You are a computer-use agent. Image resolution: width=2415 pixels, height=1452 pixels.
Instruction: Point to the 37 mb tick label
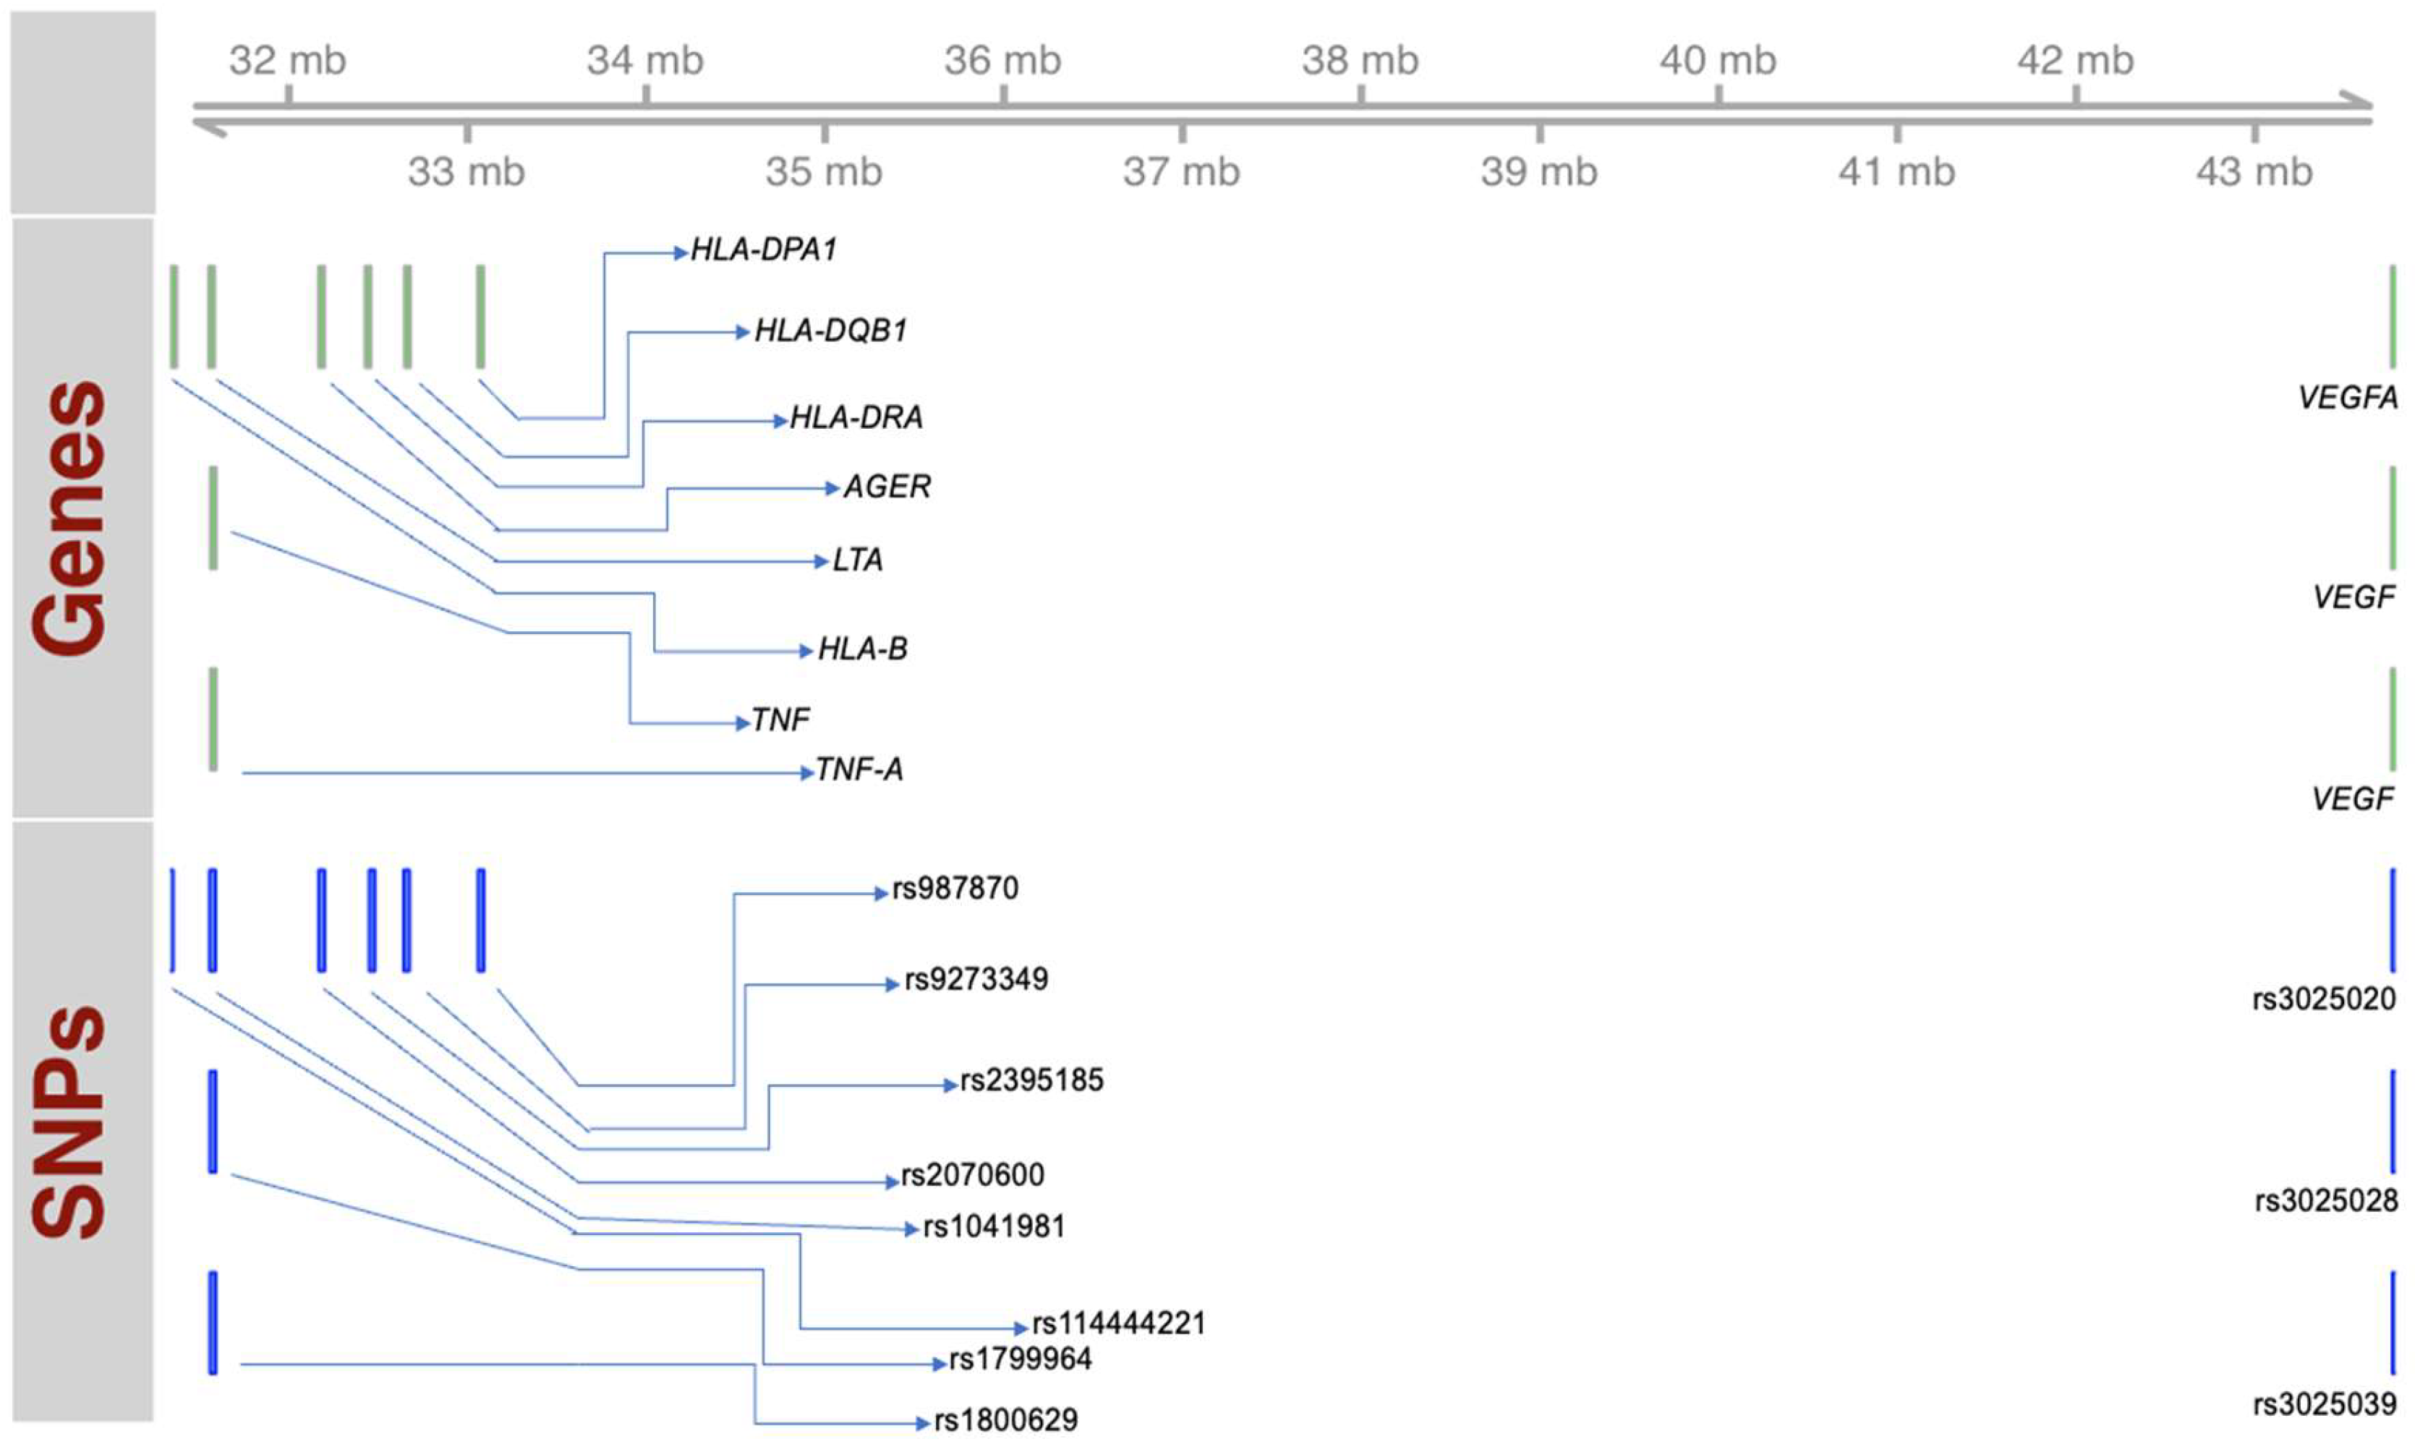point(1181,172)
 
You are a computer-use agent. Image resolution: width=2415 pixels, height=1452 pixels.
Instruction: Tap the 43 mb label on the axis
point(2254,172)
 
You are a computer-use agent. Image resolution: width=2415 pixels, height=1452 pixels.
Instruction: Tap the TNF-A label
point(859,770)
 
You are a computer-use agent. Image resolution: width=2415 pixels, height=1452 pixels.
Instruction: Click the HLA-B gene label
point(863,649)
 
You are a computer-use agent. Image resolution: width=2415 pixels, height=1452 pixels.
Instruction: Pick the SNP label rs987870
point(955,889)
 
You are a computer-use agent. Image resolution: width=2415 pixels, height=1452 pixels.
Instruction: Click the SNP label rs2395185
point(1031,1080)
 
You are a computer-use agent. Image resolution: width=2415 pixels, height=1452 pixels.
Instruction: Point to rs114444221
point(1118,1324)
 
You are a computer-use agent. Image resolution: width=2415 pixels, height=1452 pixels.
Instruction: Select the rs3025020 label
point(2324,999)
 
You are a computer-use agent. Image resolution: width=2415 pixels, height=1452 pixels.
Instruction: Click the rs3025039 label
point(2324,1405)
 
